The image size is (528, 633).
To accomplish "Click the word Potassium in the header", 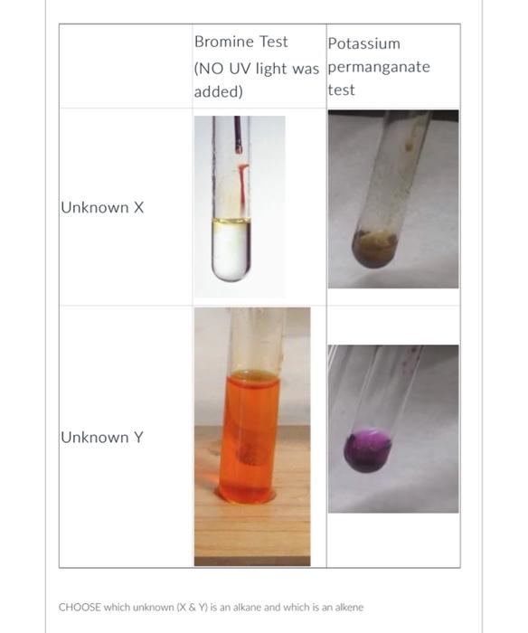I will coord(363,43).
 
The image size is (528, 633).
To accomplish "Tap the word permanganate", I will coord(379,67).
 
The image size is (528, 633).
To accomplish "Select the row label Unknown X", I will coord(102,208).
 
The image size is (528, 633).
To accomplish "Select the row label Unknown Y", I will coord(101,438).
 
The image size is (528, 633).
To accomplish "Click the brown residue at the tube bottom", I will coord(374,249).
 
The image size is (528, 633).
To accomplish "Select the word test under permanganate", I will coord(341,90).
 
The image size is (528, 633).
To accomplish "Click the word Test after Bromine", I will coord(273,42).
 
